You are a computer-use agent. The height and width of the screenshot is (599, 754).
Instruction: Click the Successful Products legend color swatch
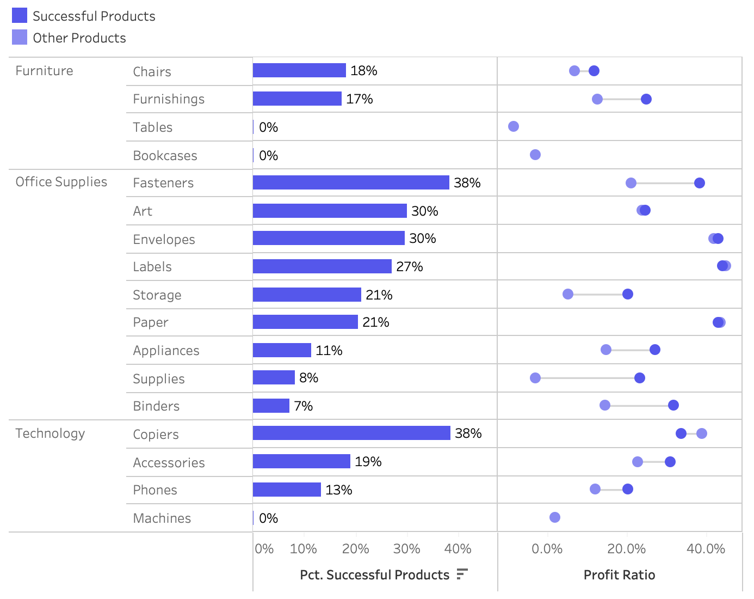(x=20, y=16)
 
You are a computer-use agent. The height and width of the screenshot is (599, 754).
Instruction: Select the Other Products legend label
(x=79, y=38)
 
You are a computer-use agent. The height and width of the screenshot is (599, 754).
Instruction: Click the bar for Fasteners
(x=351, y=182)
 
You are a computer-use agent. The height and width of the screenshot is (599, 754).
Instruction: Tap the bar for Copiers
(x=351, y=433)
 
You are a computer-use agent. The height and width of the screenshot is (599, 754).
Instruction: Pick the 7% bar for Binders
(x=271, y=406)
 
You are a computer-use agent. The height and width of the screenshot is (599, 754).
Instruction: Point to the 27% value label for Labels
(x=409, y=267)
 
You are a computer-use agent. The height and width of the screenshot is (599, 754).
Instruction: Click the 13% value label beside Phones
(x=338, y=490)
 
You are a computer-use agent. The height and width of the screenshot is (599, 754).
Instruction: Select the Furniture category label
(x=44, y=71)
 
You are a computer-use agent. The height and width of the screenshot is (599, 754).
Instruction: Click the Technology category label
(x=50, y=433)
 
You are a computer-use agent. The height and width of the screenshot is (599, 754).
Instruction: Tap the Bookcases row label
(x=165, y=156)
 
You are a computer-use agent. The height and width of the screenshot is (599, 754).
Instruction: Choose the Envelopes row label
(x=164, y=240)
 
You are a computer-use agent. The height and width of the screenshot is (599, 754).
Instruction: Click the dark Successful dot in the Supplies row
(x=640, y=378)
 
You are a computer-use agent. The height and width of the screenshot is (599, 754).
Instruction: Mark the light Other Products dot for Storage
(x=568, y=294)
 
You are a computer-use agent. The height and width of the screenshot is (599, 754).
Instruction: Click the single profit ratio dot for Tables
(x=514, y=126)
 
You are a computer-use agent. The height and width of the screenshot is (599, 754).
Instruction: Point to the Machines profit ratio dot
(x=555, y=517)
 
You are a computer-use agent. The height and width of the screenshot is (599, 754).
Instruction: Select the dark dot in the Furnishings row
(x=646, y=99)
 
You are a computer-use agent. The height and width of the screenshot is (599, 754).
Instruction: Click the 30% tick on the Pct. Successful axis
(x=406, y=549)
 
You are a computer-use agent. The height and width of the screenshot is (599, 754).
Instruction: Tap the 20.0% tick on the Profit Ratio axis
(x=626, y=549)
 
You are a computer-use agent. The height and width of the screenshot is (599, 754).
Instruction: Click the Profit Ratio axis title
(x=619, y=575)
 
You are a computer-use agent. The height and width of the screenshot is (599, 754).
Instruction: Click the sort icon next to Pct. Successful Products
(x=462, y=574)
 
